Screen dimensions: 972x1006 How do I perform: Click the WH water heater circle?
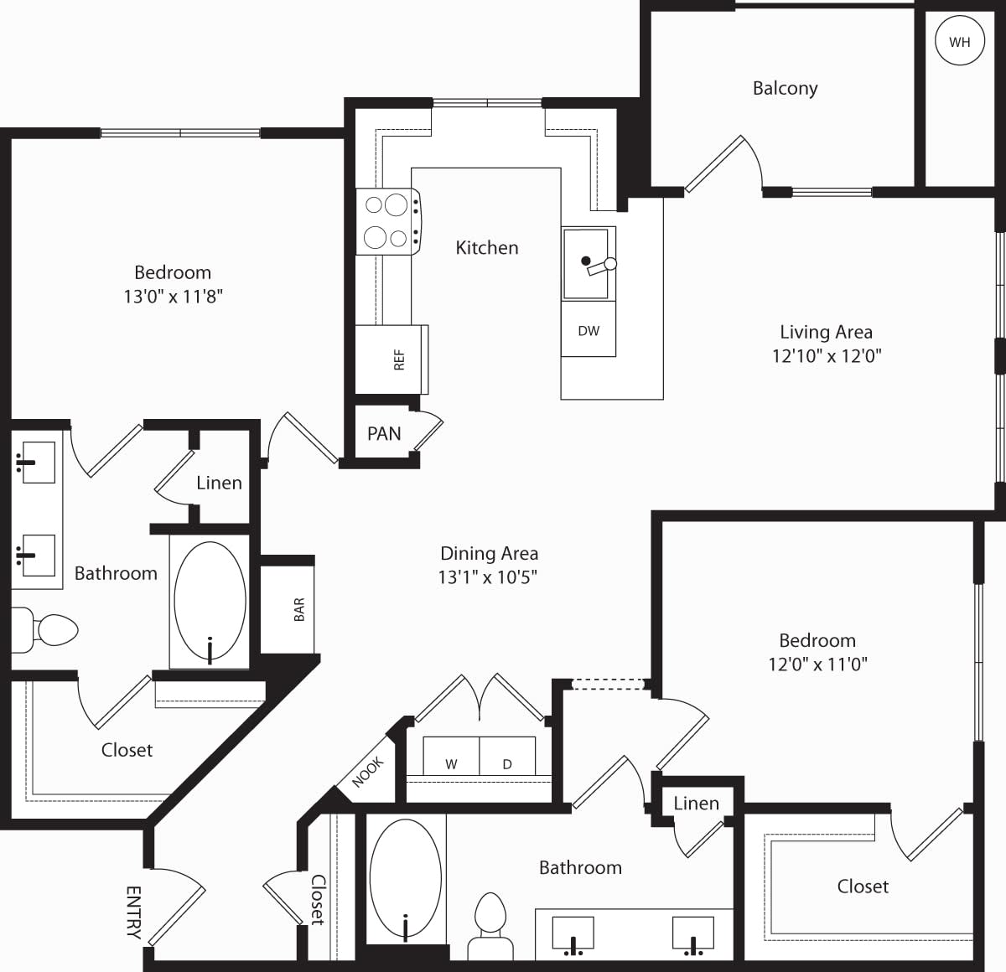click(959, 41)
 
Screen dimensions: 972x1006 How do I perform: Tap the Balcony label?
click(785, 88)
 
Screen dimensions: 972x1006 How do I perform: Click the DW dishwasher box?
click(589, 331)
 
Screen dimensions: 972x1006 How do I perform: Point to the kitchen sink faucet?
click(600, 266)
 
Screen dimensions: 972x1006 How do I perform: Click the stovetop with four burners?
click(387, 221)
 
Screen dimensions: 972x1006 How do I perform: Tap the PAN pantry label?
click(384, 433)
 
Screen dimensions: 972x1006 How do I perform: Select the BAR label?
click(299, 609)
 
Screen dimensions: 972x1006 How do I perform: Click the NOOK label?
click(367, 772)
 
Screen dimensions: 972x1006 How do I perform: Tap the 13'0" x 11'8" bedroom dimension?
click(173, 296)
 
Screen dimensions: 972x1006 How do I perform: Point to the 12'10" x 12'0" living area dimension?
click(827, 355)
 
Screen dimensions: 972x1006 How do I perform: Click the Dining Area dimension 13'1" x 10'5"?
click(487, 576)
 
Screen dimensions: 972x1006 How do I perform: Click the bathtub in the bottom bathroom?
click(405, 880)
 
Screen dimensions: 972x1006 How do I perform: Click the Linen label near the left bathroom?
click(219, 483)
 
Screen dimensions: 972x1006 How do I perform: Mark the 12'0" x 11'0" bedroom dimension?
click(817, 664)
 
